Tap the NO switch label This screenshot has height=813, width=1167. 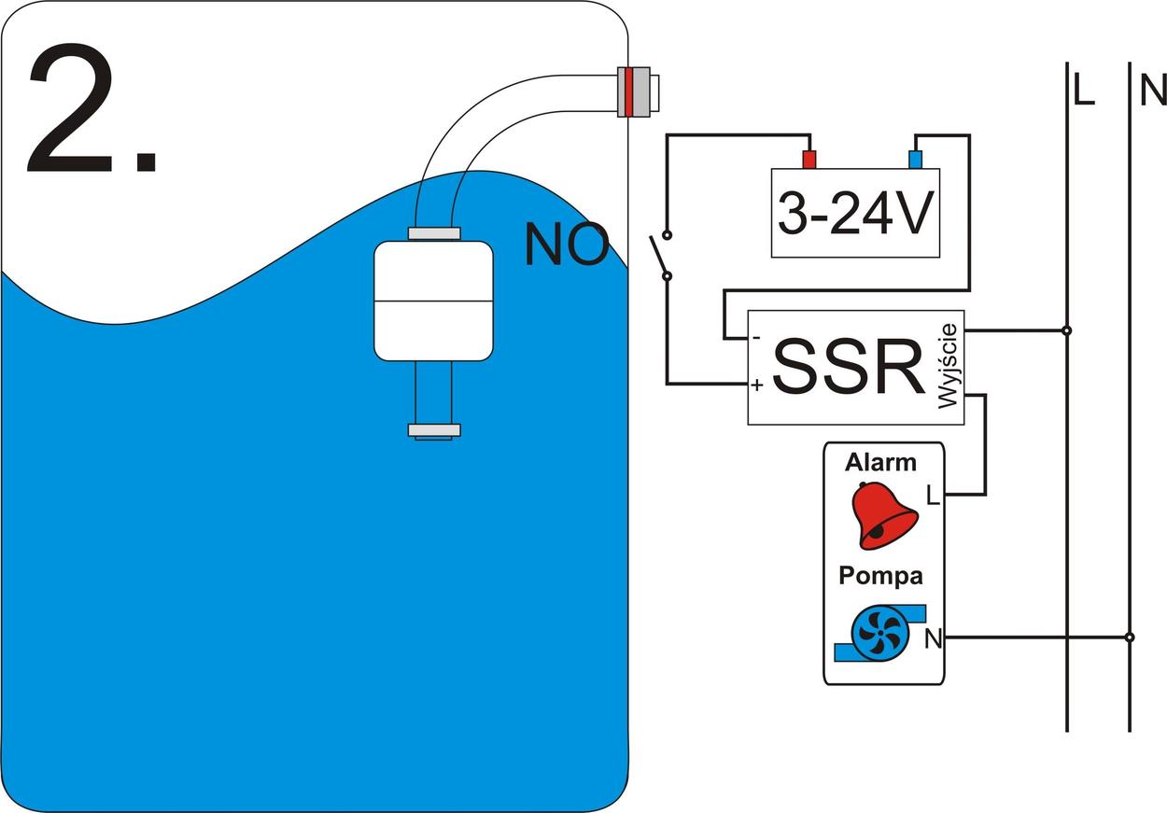coord(566,245)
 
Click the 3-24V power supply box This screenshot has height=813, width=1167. coord(854,214)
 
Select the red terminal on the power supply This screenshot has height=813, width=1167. coord(809,159)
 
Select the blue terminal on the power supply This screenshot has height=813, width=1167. coord(916,159)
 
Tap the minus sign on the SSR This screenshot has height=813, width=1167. coord(756,337)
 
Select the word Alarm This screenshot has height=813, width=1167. coord(880,462)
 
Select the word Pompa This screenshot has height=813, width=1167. coord(879,576)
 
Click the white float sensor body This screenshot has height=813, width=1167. coord(433,301)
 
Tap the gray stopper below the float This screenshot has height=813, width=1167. coord(434,430)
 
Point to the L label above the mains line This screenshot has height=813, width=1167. coord(1083,90)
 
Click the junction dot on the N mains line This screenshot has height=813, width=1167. coord(1130,638)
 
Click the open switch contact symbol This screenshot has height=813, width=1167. coord(662,254)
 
